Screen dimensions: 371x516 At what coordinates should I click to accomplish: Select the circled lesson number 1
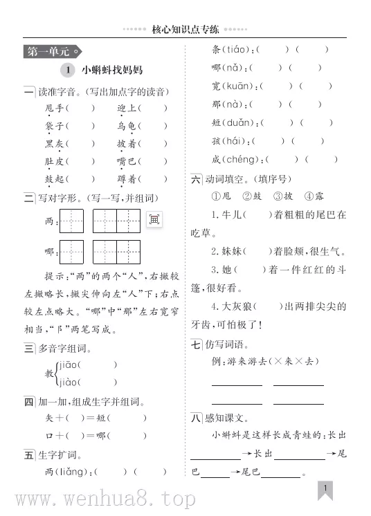66,70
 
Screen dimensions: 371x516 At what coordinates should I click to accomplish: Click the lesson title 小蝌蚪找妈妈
111,70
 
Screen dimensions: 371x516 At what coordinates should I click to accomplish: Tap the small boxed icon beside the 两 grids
153,219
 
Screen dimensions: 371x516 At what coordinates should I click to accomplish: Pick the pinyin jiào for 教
68,382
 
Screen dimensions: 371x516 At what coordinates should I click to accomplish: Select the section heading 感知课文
226,417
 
